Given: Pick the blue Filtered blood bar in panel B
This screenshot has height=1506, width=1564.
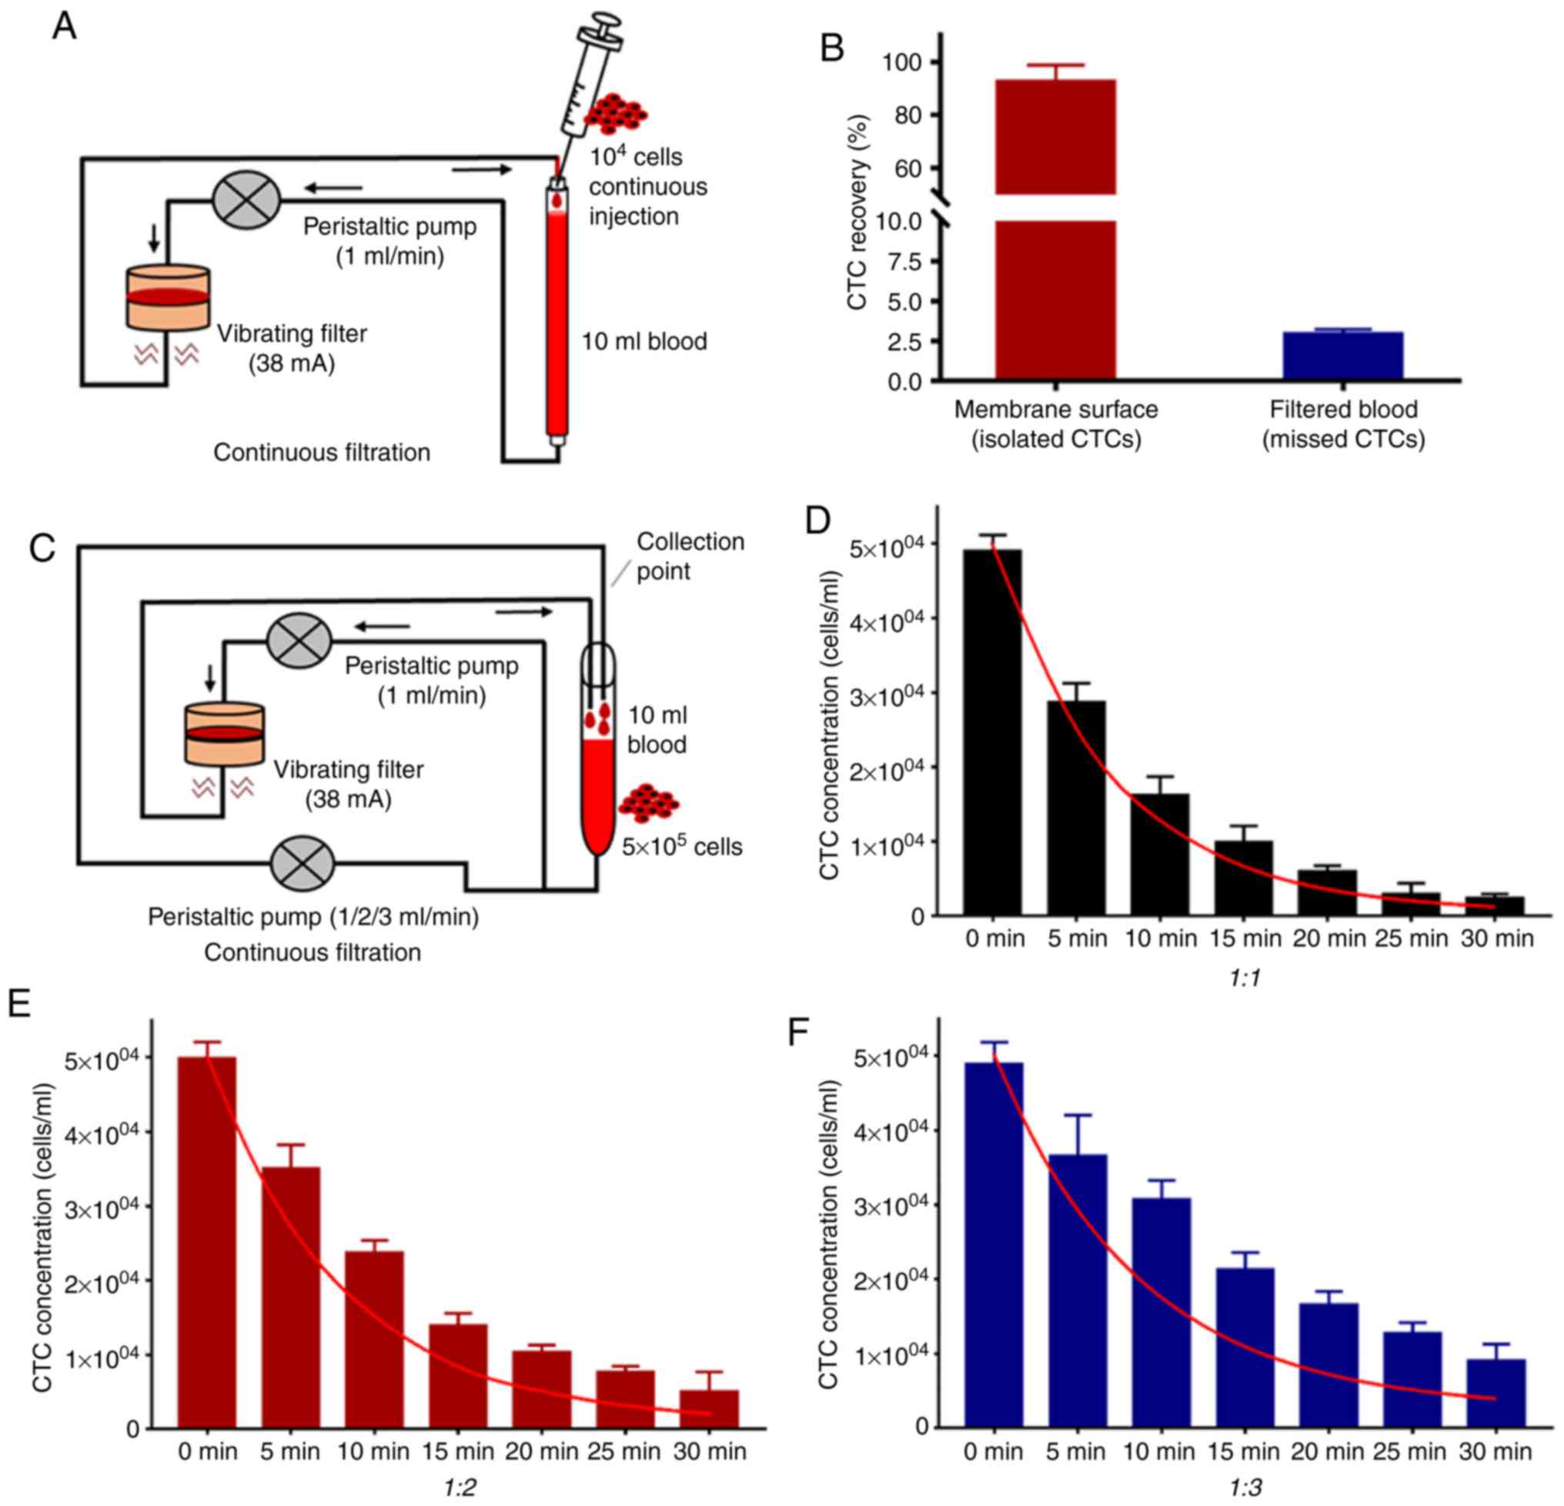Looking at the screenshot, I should coord(1343,355).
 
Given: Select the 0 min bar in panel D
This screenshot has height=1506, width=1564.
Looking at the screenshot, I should coord(993,731).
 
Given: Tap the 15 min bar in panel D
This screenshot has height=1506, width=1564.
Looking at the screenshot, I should coord(1243,878).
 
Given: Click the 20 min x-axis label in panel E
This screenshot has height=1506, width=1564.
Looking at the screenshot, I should coord(542,1450).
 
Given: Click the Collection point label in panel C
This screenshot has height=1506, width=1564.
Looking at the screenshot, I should coord(690,556).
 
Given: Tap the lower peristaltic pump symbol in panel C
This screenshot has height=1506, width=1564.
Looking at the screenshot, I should coord(303,865).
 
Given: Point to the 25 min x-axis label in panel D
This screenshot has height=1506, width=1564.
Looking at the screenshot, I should coord(1411,939).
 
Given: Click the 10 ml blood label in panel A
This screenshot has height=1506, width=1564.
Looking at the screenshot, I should coord(644,342).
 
